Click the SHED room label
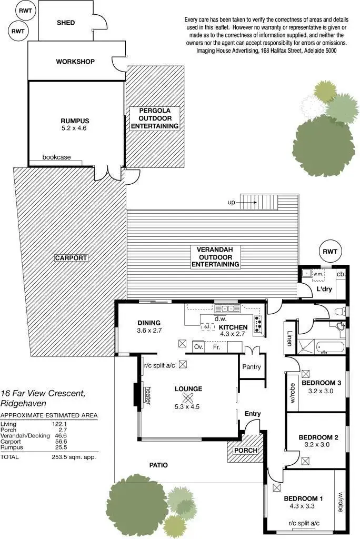click(x=66, y=23)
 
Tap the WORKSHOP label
click(x=75, y=62)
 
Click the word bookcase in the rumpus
click(x=56, y=157)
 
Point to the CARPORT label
click(x=71, y=258)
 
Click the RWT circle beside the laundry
click(x=331, y=252)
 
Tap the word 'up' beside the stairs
click(x=231, y=202)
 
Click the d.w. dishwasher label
click(x=220, y=318)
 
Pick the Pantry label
click(x=251, y=366)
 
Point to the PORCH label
click(x=245, y=451)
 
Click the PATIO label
click(x=158, y=465)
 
